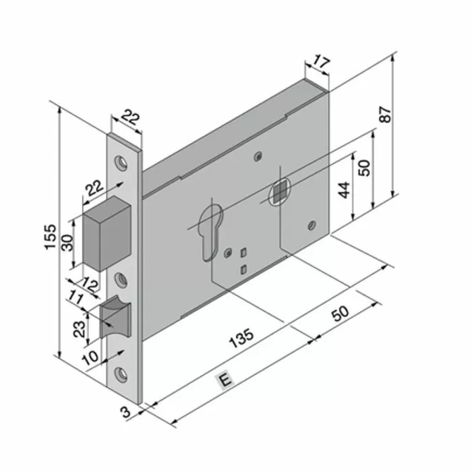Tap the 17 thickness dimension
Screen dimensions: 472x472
(x=322, y=63)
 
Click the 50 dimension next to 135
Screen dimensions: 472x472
(x=340, y=314)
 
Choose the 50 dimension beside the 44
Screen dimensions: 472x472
(x=364, y=168)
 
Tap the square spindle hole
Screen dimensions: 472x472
(x=278, y=194)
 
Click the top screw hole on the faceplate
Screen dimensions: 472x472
(x=122, y=163)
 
